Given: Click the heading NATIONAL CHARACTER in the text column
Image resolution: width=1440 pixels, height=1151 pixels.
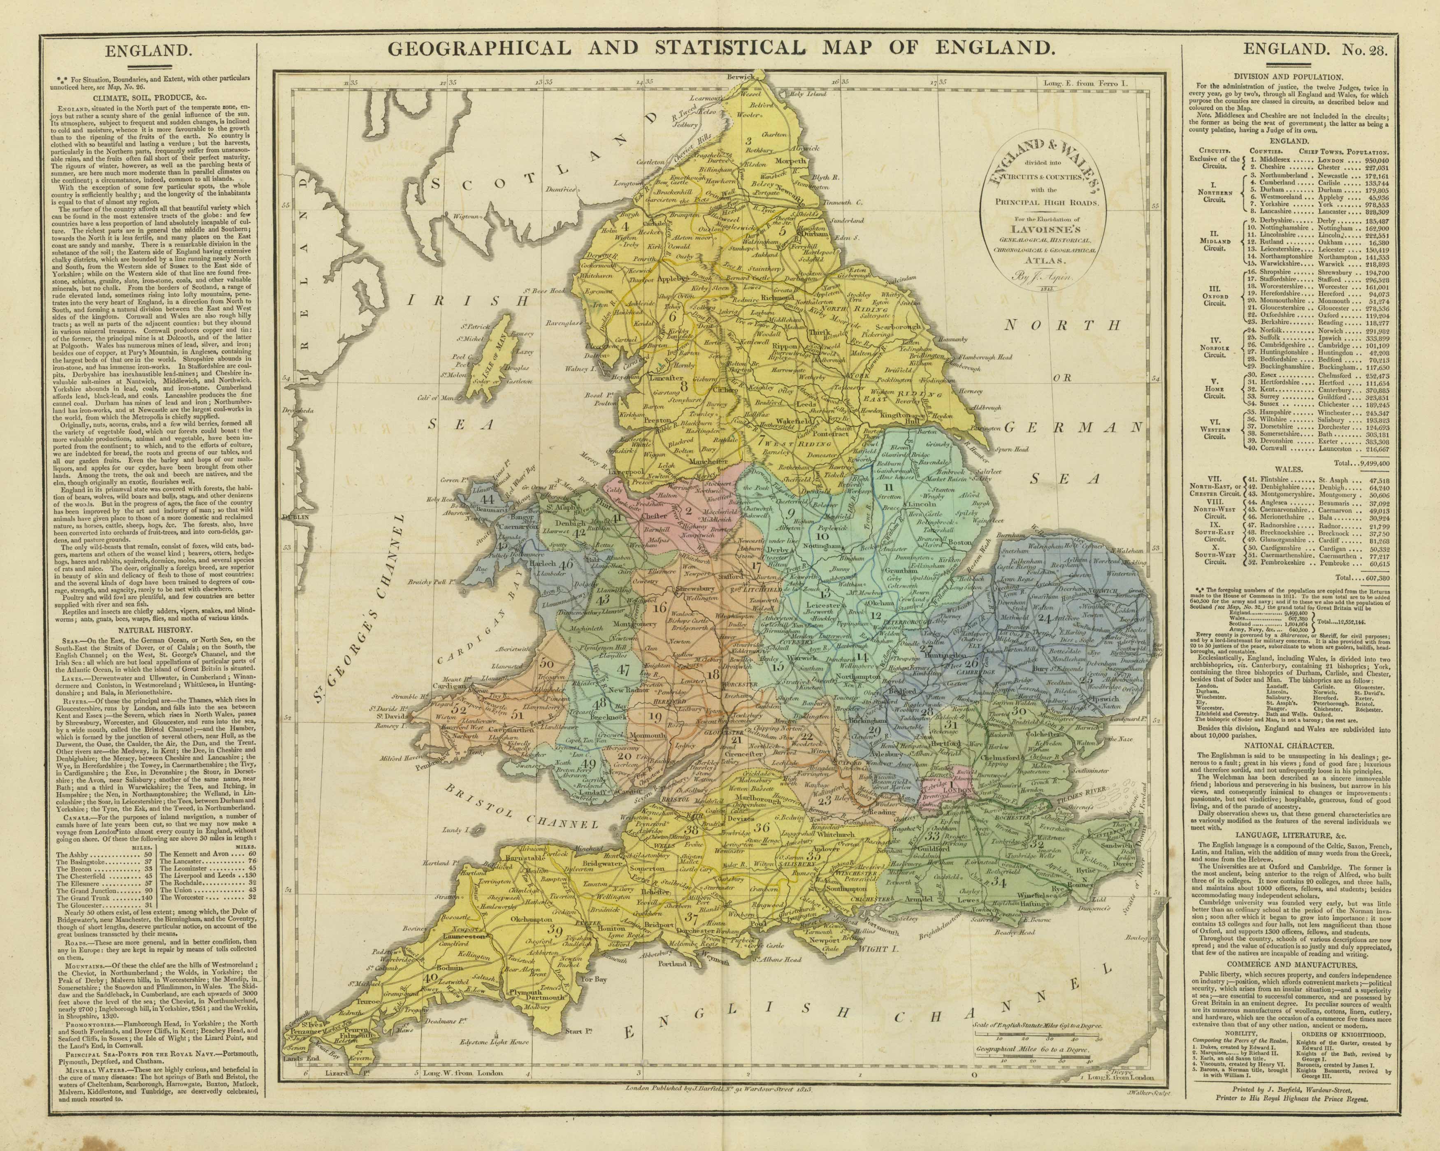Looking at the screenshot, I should click(1298, 746).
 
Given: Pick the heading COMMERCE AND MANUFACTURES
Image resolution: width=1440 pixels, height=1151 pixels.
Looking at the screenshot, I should click(1298, 965).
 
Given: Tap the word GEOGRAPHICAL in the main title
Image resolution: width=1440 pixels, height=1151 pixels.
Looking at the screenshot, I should click(480, 48).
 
